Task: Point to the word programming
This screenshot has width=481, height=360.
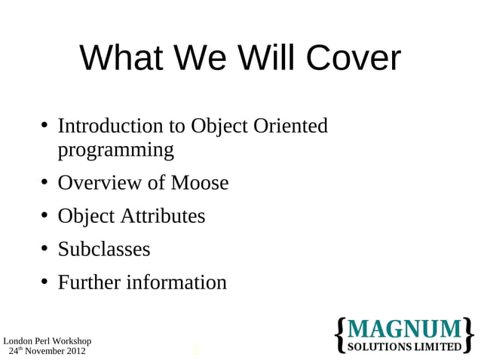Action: tap(115, 150)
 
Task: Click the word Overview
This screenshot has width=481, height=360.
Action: tap(100, 183)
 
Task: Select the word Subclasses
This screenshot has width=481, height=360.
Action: tap(104, 249)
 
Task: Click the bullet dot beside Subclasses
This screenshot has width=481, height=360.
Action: tap(45, 249)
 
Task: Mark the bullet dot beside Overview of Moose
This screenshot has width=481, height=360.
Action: tap(45, 182)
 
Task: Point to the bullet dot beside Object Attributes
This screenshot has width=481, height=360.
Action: tap(45, 215)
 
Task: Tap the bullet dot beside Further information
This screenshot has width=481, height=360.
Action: tap(45, 282)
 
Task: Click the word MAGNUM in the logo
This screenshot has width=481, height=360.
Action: tap(404, 329)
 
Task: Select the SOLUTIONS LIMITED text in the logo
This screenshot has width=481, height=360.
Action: tap(404, 346)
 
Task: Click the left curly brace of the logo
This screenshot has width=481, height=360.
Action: tap(339, 335)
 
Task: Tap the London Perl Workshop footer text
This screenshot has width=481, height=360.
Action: tap(47, 341)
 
